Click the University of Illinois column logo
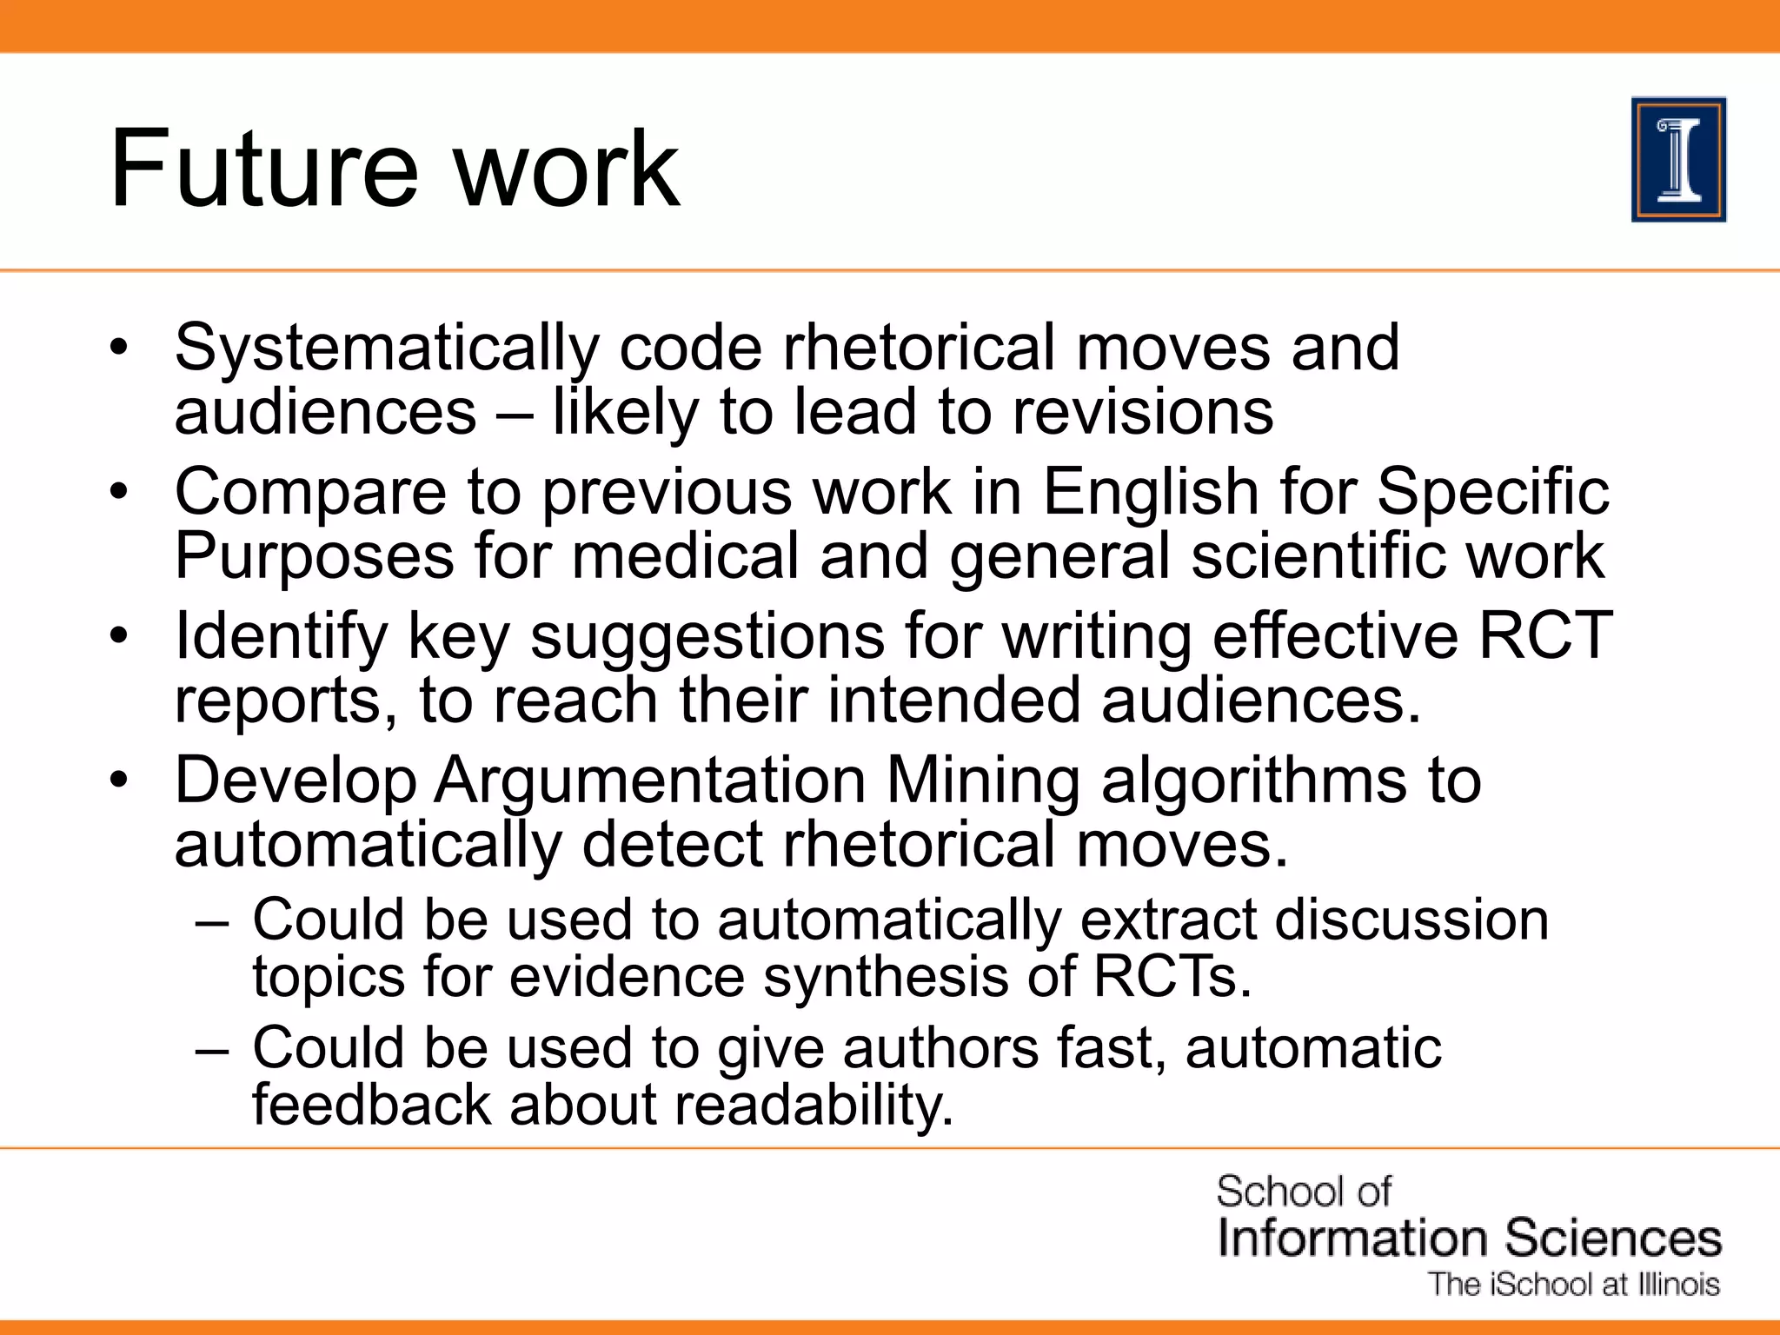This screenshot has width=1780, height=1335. (1678, 160)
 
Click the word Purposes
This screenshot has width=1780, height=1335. (314, 557)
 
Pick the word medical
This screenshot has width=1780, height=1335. (685, 555)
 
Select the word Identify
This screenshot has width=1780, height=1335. (281, 637)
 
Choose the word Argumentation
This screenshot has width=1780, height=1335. (649, 780)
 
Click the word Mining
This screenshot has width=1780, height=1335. (982, 780)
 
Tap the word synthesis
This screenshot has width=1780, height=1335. (885, 977)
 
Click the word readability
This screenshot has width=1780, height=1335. (814, 1106)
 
